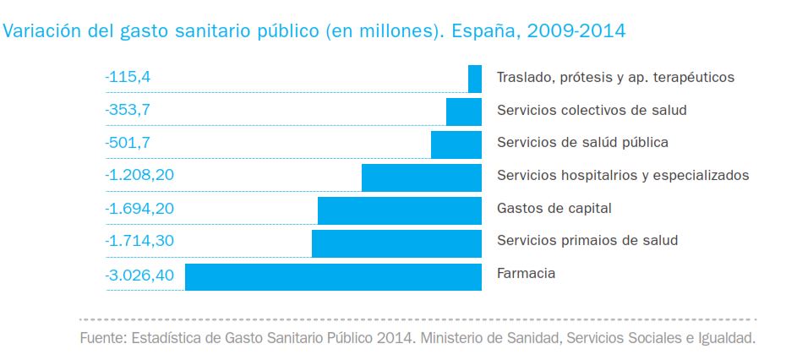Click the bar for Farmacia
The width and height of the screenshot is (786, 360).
(333, 277)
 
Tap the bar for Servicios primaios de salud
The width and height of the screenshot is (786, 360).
(396, 243)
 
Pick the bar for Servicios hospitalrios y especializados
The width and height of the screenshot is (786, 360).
(421, 177)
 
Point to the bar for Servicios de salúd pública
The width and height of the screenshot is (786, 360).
(456, 145)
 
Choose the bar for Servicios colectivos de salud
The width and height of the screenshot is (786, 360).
(463, 112)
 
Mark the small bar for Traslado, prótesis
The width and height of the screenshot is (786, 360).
(475, 79)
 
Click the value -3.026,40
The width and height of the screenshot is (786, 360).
(139, 275)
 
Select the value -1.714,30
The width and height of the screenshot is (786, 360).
(139, 242)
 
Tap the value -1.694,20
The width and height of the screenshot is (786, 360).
(139, 209)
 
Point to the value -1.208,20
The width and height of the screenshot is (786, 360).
(139, 176)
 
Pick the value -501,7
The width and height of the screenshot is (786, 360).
(128, 143)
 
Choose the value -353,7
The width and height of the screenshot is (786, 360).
(128, 110)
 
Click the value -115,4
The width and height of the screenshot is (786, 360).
(128, 77)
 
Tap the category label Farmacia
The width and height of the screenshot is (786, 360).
(526, 274)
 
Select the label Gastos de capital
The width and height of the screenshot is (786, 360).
(554, 209)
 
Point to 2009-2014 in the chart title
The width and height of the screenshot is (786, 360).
(576, 32)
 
